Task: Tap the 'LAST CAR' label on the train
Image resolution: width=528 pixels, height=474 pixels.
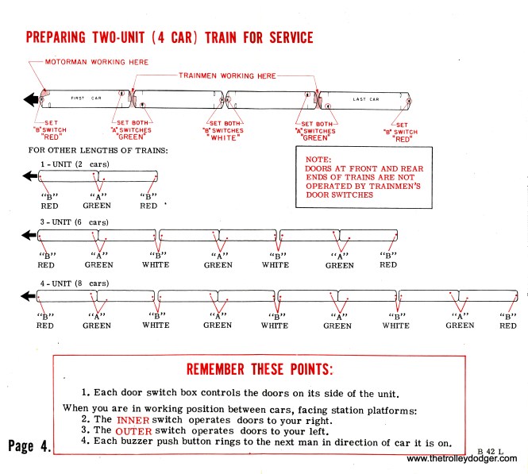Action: pos(367,99)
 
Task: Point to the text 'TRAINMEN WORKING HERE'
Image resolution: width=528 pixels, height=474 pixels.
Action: pos(226,75)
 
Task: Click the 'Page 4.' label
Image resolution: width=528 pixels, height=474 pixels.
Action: pos(29,445)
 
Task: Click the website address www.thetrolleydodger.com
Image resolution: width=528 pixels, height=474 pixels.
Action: pos(462,459)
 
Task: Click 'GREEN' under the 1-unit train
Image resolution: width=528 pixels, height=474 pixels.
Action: pos(98,205)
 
